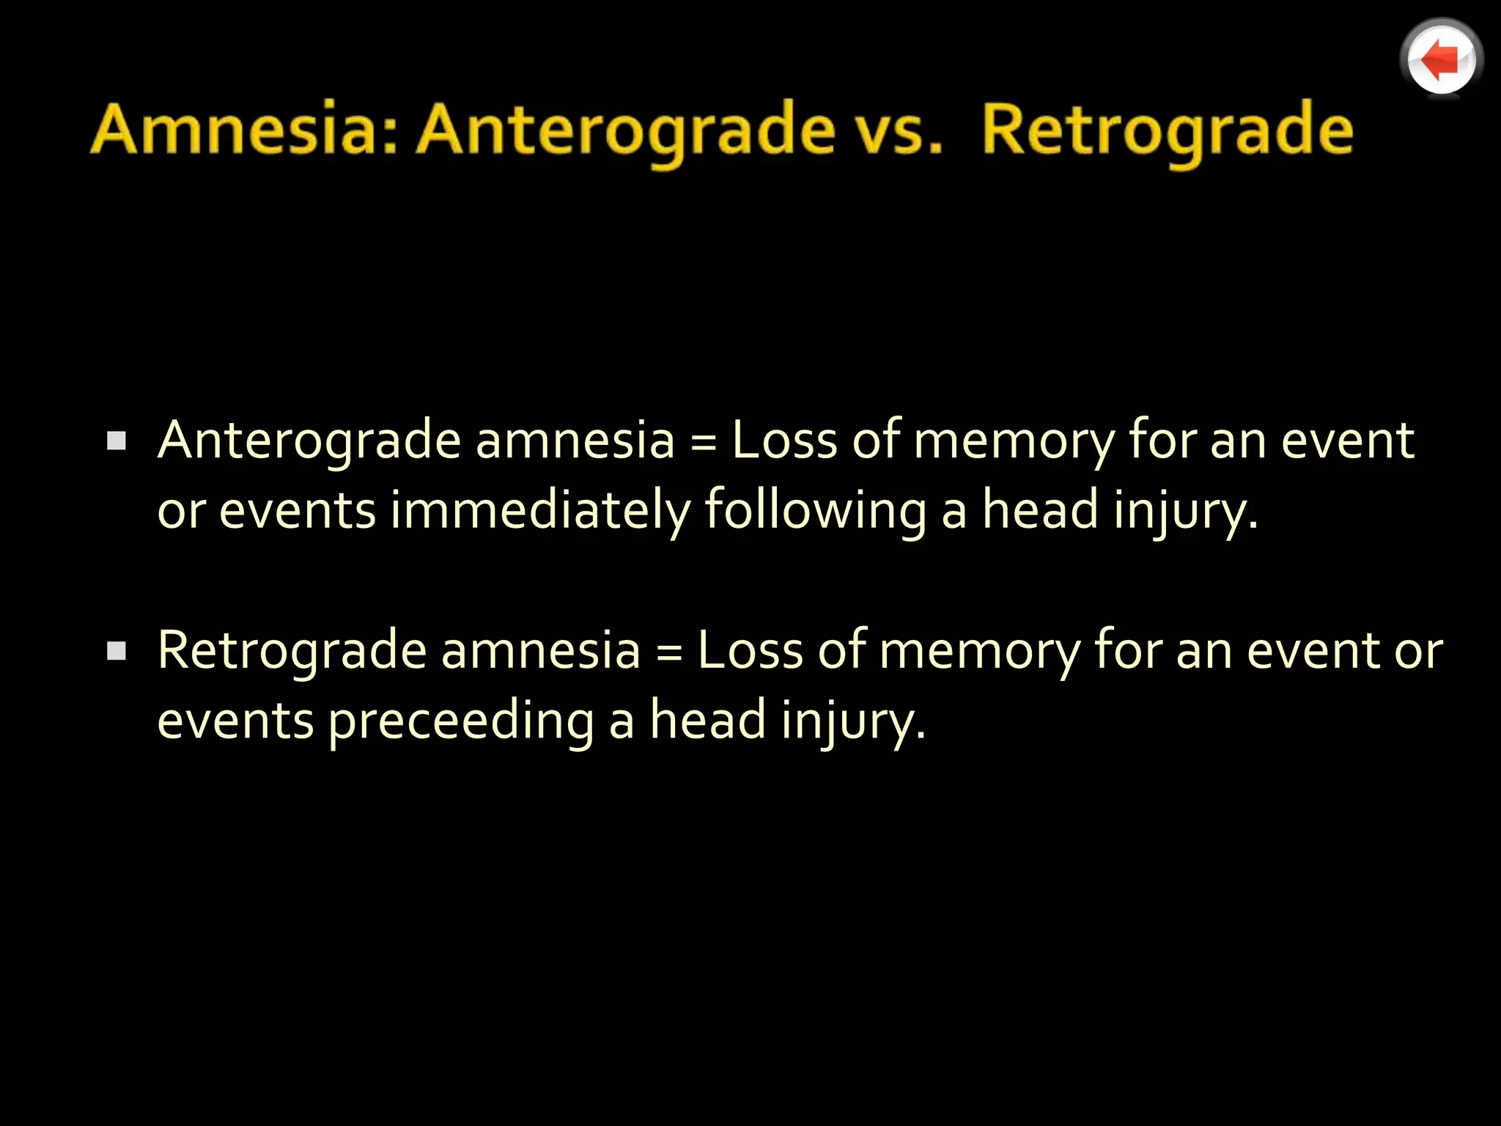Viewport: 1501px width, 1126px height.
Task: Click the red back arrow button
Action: [1441, 59]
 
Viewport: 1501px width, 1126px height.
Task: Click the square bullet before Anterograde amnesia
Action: [117, 441]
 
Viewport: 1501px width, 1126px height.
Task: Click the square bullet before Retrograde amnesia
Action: [117, 650]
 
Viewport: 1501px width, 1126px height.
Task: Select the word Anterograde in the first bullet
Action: [309, 441]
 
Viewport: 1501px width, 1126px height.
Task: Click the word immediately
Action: [540, 510]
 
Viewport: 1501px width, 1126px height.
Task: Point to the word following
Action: [815, 510]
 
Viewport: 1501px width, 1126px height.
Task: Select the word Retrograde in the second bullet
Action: [292, 651]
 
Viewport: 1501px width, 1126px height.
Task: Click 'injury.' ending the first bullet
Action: [1185, 512]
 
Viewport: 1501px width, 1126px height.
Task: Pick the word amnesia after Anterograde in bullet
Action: [575, 441]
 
